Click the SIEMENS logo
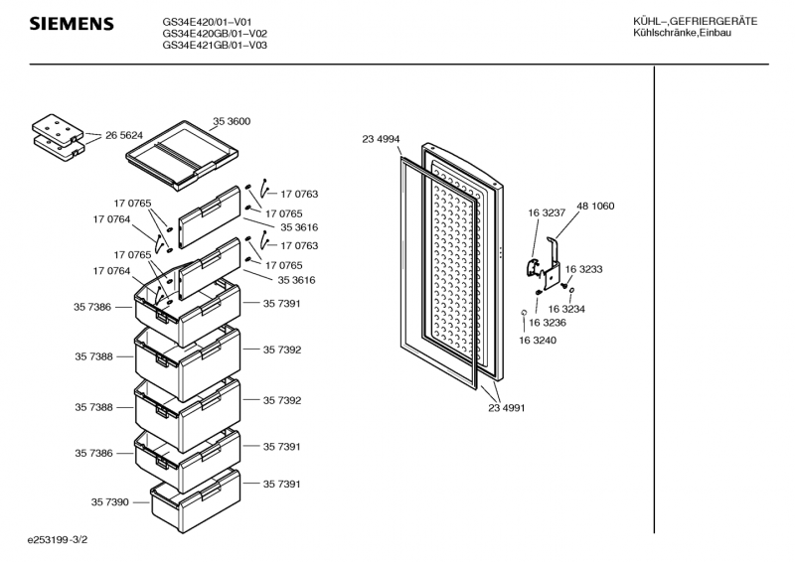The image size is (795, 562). [71, 24]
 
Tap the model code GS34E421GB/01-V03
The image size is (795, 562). [214, 45]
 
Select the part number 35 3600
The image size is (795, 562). [231, 121]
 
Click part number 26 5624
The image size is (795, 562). [124, 135]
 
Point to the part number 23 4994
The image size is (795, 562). [381, 140]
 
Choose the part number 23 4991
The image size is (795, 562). [507, 407]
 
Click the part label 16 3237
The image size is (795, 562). [547, 213]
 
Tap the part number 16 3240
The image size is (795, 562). [537, 341]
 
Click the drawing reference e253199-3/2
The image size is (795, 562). [65, 541]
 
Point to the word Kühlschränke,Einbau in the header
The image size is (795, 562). [682, 35]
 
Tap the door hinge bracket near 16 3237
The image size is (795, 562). [545, 262]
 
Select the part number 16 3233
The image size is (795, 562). [585, 269]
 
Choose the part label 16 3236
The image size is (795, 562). [548, 323]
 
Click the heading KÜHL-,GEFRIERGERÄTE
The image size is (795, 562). [695, 21]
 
